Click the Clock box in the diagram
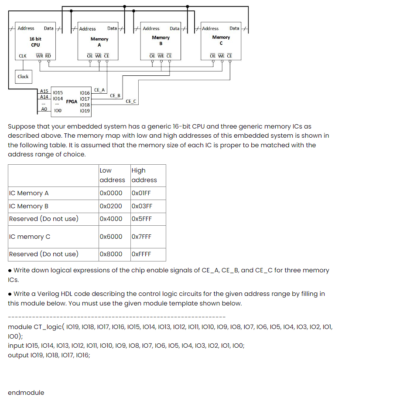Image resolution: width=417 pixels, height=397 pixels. point(23,77)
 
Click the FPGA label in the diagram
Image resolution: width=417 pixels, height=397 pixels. point(72,102)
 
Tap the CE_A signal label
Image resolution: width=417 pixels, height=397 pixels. point(99,90)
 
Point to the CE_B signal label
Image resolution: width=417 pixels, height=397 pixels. point(115,95)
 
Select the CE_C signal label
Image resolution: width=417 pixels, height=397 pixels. point(131,101)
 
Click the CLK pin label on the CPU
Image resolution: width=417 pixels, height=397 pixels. point(23,56)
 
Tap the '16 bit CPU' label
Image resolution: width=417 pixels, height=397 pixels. point(35,42)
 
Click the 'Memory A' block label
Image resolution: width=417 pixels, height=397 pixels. point(99,42)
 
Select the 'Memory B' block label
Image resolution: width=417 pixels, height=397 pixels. point(161,41)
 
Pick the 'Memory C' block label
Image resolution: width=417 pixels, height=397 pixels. point(221,40)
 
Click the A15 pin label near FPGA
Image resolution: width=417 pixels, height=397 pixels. point(44,91)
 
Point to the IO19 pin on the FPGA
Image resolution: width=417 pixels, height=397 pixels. point(85,111)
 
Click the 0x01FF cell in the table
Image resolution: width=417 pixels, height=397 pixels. point(140,193)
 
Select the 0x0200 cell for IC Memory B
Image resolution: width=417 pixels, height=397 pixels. point(111,206)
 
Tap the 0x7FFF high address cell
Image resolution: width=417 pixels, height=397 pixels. point(141,237)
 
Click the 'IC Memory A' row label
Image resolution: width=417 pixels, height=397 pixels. point(29,193)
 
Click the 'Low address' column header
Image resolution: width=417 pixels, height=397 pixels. point(112,175)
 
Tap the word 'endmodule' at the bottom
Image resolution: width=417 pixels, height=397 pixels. point(26,392)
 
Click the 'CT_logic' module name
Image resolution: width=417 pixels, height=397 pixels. point(48,327)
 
